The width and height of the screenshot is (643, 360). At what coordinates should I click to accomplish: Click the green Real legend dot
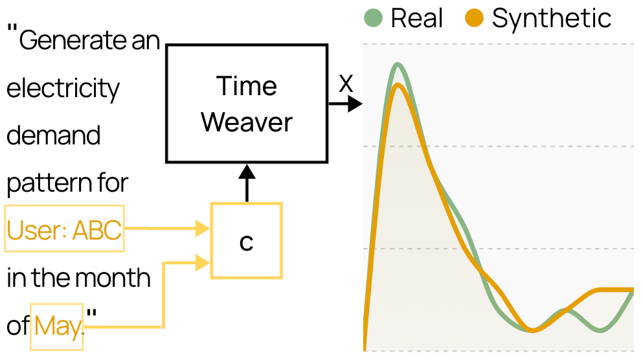point(373,18)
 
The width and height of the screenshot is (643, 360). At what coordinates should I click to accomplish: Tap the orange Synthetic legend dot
point(475,18)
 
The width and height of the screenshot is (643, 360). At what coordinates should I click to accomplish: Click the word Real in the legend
point(416,18)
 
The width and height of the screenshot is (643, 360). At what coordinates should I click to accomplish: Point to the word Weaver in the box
point(247,122)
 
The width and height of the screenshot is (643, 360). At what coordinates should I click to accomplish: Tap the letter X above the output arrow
point(346,84)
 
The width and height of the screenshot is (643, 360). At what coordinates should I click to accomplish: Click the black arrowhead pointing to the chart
point(355,104)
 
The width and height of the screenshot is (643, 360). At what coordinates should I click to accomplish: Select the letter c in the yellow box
point(247,243)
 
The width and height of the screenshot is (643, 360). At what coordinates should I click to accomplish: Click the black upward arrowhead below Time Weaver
point(247,172)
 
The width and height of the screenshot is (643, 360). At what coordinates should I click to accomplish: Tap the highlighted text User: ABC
point(64,230)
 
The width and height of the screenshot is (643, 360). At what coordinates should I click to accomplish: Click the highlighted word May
point(58,327)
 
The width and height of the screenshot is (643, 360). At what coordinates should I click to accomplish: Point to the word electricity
point(63,89)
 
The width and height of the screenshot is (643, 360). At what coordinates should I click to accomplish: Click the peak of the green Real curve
point(398,64)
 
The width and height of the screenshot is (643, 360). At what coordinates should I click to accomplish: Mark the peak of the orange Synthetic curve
point(398,85)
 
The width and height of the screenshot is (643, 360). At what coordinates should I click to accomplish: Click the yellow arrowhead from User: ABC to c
point(203,229)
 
